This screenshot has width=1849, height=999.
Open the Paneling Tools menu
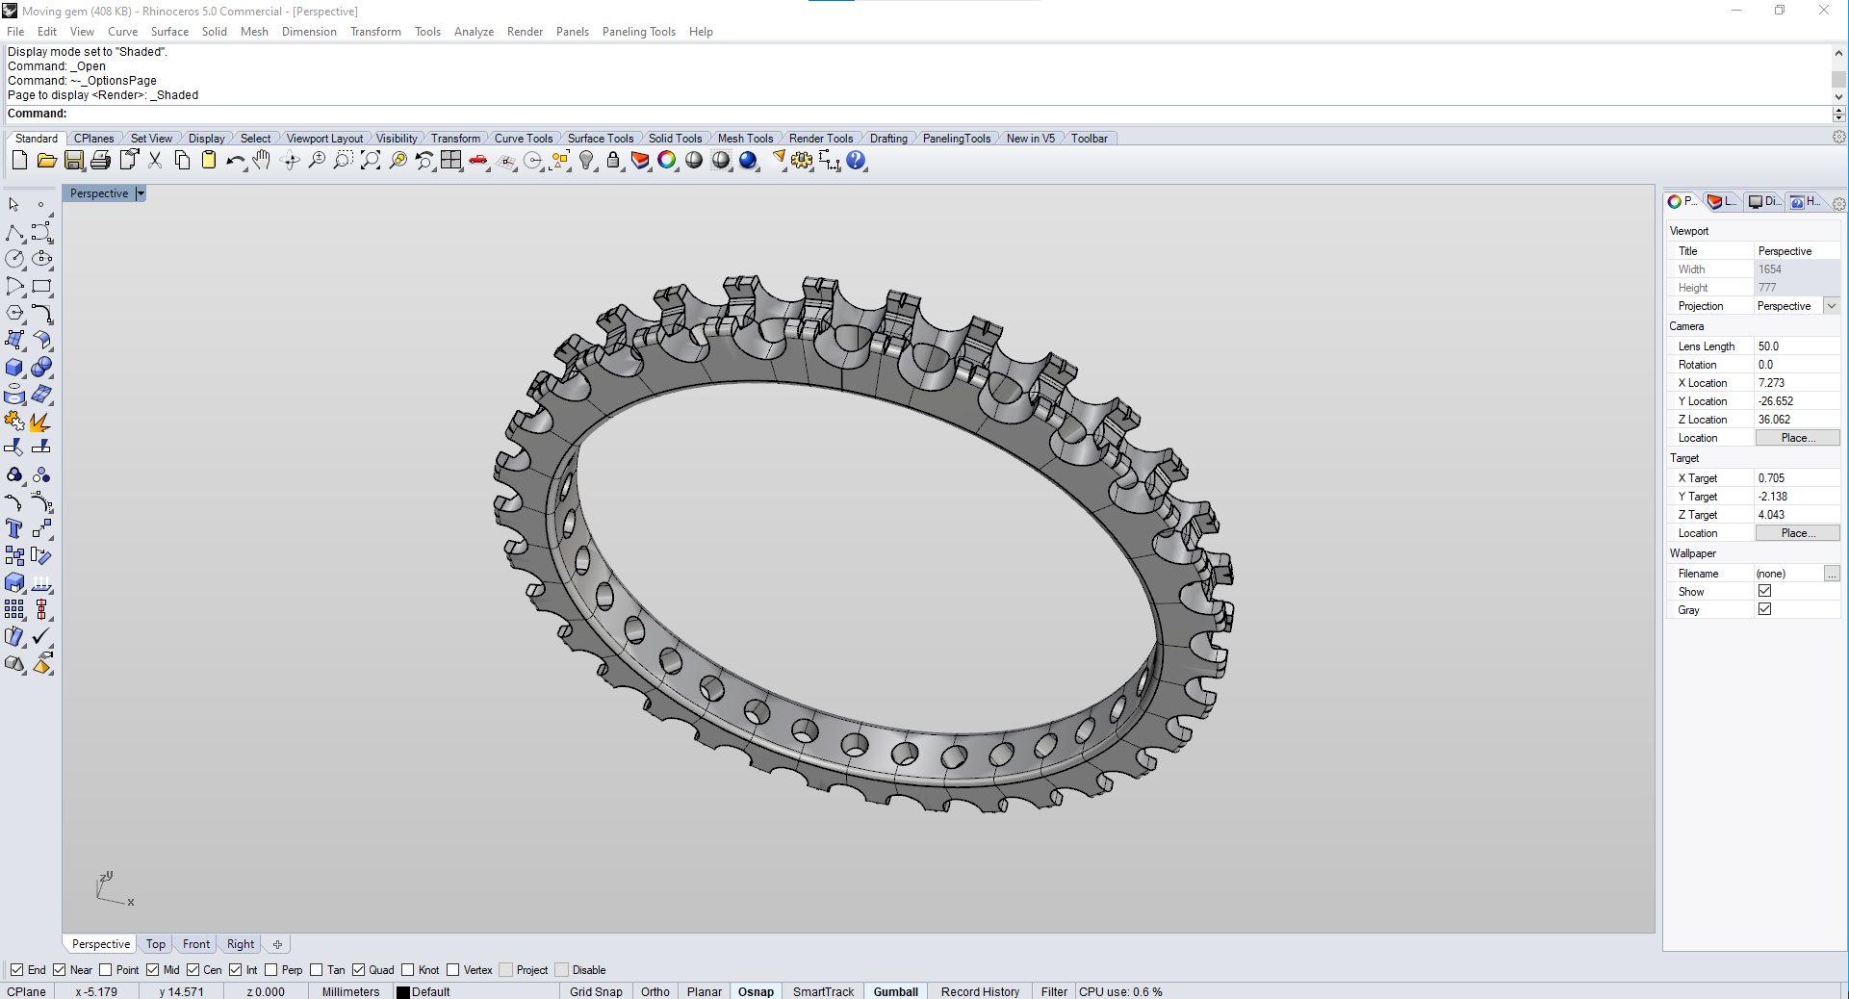[x=638, y=32]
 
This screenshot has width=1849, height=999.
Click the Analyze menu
[x=474, y=32]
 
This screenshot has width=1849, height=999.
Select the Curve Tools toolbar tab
[x=523, y=139]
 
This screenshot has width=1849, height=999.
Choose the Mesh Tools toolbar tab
[x=745, y=139]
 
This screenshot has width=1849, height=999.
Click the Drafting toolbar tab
[x=887, y=139]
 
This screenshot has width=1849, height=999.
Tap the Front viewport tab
[x=196, y=944]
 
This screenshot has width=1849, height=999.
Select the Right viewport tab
[x=241, y=944]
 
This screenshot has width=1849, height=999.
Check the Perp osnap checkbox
[x=271, y=970]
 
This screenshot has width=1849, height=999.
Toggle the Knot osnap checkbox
[x=408, y=970]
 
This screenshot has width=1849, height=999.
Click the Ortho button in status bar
[x=655, y=991]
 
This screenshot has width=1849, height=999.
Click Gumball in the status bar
[x=895, y=991]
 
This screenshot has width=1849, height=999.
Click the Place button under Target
[x=1797, y=533]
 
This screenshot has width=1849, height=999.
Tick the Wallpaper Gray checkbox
[x=1764, y=609]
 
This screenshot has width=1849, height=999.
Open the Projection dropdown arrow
[x=1832, y=306]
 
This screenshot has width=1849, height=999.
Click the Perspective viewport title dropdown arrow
[x=141, y=193]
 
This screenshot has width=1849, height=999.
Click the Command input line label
[x=38, y=114]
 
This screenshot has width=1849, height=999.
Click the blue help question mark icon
[x=856, y=161]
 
